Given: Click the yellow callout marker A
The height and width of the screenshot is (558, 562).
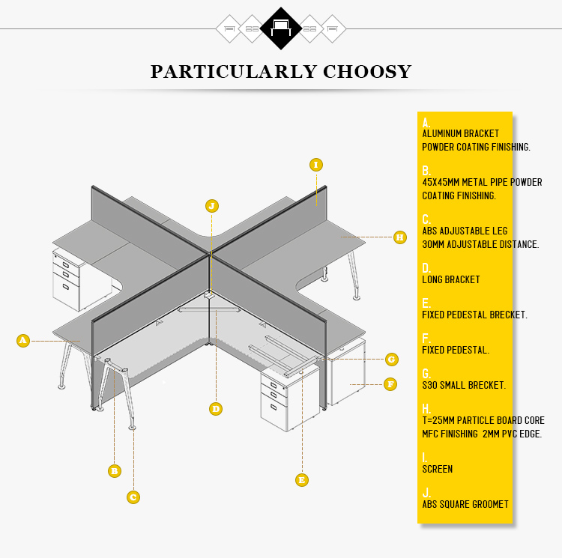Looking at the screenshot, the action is [x=23, y=340].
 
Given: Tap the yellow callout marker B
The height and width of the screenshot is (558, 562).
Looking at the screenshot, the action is [x=115, y=471].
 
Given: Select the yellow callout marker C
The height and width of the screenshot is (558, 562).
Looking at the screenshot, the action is [x=133, y=497].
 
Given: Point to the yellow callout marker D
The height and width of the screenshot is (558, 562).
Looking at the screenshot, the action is [x=216, y=409].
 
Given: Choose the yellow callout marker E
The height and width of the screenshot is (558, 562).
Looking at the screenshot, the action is [x=302, y=480].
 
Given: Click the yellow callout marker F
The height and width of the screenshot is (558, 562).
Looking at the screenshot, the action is [x=390, y=385].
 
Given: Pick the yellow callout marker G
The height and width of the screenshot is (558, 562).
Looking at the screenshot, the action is [x=392, y=360].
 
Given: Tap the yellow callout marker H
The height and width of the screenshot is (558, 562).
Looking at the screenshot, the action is [x=400, y=237].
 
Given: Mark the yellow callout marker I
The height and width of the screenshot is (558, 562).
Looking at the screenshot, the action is [x=316, y=165].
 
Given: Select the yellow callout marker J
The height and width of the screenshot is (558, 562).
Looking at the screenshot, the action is [x=212, y=206].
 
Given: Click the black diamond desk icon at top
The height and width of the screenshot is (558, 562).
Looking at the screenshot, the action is [x=281, y=28].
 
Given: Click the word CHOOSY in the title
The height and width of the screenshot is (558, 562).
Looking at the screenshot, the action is [x=367, y=72].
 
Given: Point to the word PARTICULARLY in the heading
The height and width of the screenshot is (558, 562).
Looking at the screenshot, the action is [x=234, y=72].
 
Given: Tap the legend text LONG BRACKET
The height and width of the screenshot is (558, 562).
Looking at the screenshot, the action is [x=451, y=279].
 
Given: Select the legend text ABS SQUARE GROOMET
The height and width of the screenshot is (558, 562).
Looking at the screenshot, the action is [x=465, y=504].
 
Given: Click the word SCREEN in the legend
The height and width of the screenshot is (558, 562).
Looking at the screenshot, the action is [x=438, y=469].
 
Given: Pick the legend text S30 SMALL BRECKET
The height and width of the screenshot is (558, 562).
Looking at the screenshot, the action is [x=464, y=386].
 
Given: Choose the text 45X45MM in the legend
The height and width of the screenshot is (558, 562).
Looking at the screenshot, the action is [x=441, y=182].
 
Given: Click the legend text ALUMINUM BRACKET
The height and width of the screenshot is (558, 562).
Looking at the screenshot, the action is [x=461, y=133].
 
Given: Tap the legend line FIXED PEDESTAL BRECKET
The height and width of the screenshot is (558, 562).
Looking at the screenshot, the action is [x=474, y=315].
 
